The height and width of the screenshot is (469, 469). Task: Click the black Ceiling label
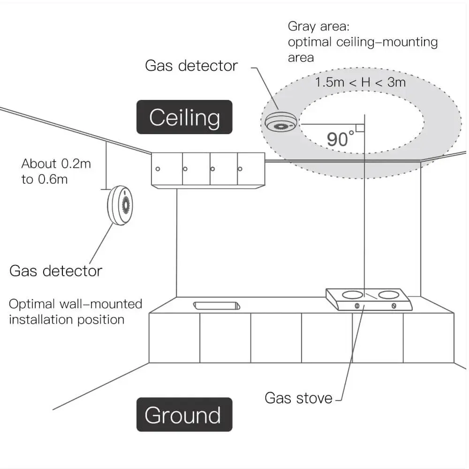[184, 117]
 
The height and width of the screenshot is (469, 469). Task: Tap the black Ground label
[184, 415]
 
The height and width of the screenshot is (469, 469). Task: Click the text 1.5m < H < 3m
[360, 83]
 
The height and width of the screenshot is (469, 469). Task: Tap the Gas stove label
[298, 398]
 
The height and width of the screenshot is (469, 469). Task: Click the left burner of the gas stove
[353, 295]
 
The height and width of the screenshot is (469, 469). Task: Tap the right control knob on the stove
[393, 306]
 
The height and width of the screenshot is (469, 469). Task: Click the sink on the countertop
[217, 305]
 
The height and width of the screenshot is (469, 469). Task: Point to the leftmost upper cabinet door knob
[158, 168]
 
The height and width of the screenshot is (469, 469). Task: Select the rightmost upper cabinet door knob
[240, 168]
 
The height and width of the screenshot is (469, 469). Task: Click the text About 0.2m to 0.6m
[56, 171]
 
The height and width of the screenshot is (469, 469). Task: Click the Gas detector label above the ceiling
[191, 66]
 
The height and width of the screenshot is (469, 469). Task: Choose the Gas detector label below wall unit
[56, 271]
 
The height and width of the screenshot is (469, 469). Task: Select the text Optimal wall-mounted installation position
[75, 311]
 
